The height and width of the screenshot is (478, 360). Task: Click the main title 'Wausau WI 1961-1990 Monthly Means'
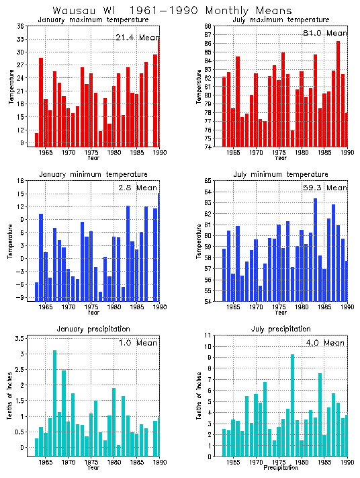pos(172,11)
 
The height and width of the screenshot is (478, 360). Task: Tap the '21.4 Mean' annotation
pos(136,38)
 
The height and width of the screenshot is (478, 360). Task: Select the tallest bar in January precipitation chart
pos(55,403)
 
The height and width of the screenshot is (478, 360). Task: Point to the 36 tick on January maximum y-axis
pos(21,26)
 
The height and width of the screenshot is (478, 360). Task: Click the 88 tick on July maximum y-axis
pos(208,26)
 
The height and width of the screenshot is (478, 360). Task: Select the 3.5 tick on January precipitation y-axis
pos(20,338)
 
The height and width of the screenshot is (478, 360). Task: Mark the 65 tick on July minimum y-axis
pos(208,181)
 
